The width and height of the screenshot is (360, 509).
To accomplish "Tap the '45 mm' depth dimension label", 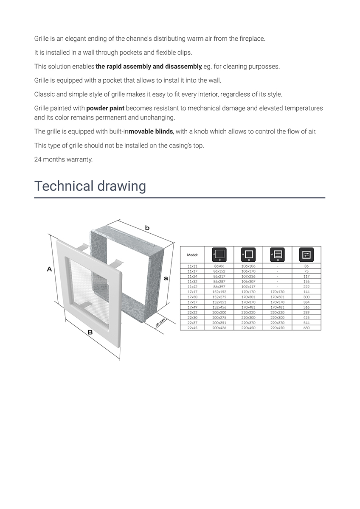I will point(160,322).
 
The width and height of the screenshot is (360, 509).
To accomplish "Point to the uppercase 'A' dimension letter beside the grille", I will point(49,268).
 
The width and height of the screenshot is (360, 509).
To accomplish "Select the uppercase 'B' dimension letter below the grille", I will point(90,332).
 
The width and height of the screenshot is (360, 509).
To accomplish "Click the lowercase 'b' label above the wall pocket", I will point(147,228).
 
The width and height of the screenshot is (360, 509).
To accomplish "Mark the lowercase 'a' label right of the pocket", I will point(166,278).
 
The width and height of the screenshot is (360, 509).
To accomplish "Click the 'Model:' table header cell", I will point(192,255).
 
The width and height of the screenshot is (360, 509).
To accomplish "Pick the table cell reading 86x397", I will point(219,286).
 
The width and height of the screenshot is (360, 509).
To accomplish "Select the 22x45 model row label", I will point(192,328).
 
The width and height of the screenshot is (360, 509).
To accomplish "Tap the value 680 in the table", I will point(307,328).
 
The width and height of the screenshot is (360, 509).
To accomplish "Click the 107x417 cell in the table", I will point(248,286).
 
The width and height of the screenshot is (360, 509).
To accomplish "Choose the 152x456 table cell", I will point(219,307).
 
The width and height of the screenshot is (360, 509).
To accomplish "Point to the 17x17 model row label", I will point(192,292).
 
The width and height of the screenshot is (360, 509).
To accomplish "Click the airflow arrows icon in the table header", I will point(307,255).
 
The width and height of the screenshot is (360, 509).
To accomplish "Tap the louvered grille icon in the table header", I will point(278,255).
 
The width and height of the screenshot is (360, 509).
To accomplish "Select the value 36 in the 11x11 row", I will point(307,266).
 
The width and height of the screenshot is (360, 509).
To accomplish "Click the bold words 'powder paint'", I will point(105,108).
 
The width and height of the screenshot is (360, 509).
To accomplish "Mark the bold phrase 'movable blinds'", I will point(151,131).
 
